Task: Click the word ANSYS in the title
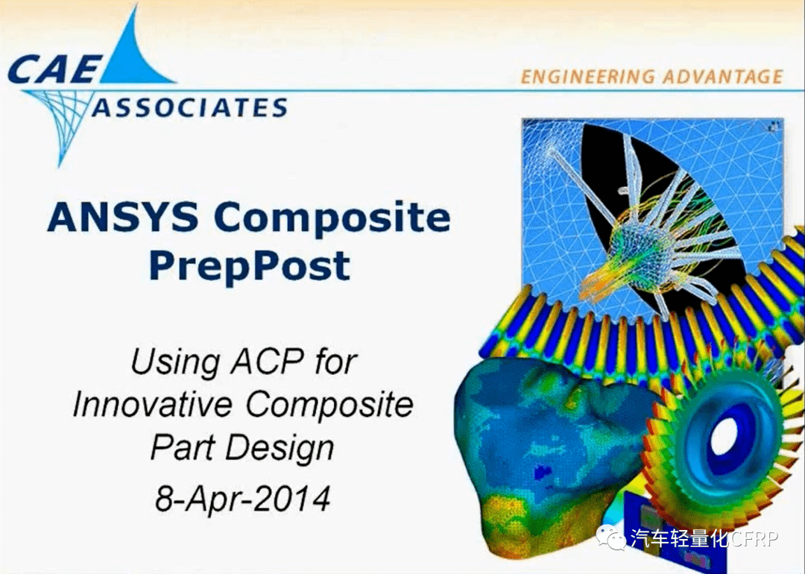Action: point(122,217)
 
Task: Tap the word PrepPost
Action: point(249,265)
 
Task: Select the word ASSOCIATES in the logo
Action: point(189,108)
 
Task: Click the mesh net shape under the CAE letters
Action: point(63,119)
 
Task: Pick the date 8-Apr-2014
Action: point(242,498)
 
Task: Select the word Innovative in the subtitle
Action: point(153,406)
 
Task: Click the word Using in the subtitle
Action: point(167,363)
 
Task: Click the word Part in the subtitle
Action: point(177,449)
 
